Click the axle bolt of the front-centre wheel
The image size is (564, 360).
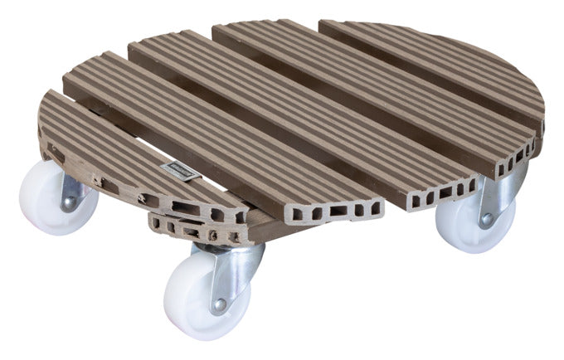[219, 305]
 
